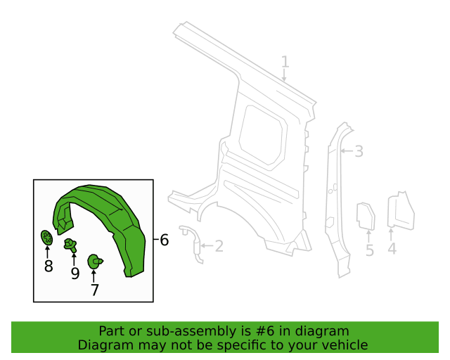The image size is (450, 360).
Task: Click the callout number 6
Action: pos(164,240)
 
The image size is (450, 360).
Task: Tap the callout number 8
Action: pos(49,266)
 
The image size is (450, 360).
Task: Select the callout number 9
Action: pos(75,274)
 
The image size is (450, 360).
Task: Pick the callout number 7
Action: pos(95,290)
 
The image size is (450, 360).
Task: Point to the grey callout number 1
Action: pos(284,62)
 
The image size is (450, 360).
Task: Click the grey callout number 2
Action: pos(219,246)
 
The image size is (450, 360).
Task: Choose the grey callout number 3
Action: pos(359,151)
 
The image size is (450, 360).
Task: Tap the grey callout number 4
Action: pos(392,248)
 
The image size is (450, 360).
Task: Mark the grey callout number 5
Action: pos(370,250)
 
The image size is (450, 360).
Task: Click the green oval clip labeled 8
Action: pos(46,238)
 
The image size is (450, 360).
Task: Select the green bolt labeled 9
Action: pos(70,245)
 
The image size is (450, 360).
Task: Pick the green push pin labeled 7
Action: pos(95,262)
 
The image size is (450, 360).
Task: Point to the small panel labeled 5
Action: pos(366,216)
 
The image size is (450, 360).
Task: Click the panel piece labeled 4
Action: pos(401,211)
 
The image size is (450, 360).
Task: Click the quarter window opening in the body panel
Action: pos(262,135)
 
